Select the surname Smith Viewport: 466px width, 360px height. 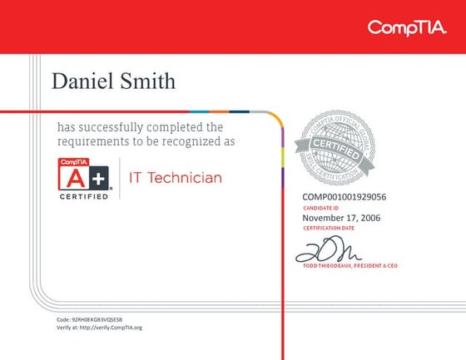pyautogui.click(x=147, y=81)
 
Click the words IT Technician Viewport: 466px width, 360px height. pyautogui.click(x=175, y=177)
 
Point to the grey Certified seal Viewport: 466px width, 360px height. pyautogui.click(x=338, y=146)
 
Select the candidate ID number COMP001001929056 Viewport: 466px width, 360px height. pyautogui.click(x=344, y=196)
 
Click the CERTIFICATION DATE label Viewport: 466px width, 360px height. pyautogui.click(x=329, y=227)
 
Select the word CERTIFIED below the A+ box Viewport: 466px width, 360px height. pyautogui.click(x=83, y=196)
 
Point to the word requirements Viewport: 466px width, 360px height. pyautogui.click(x=92, y=141)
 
